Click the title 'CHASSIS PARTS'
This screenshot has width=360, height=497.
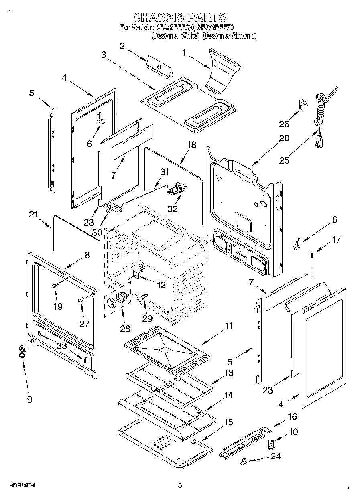point(179,18)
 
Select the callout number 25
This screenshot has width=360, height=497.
point(284,160)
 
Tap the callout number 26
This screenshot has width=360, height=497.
point(284,124)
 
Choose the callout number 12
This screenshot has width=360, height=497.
point(161,286)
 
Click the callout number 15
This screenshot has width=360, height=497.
point(228,422)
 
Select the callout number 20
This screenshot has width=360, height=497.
point(284,138)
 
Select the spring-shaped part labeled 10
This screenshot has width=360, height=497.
point(271,444)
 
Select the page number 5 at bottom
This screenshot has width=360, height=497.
point(180,485)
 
